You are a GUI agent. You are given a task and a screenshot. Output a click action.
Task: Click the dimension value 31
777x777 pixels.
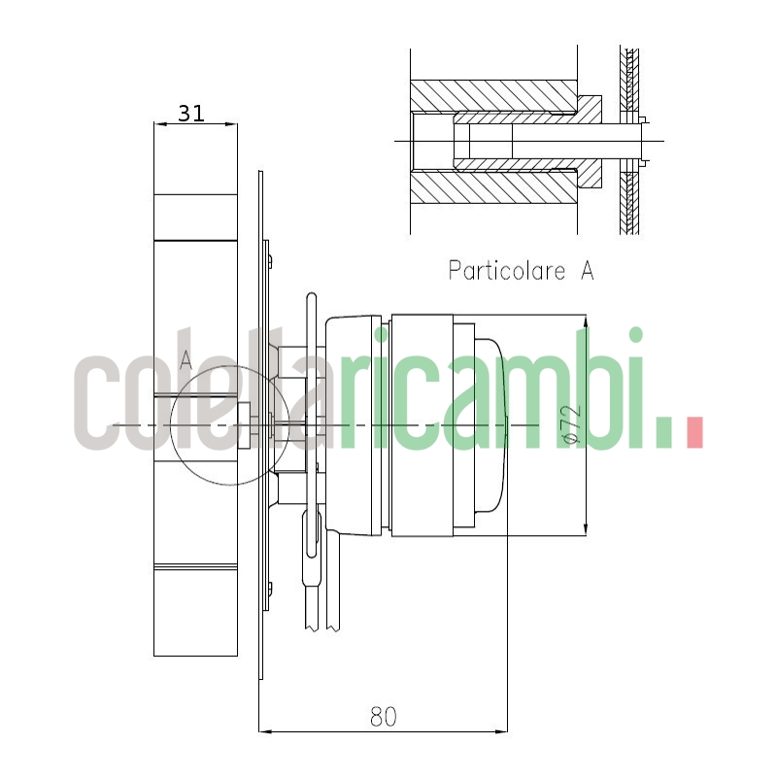pos(191,113)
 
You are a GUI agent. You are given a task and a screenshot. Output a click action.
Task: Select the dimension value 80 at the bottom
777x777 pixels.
pos(384,717)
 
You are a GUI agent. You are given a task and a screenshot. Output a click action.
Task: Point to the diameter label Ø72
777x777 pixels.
pos(572,424)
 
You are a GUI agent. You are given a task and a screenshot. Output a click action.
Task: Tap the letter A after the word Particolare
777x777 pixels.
pos(587,270)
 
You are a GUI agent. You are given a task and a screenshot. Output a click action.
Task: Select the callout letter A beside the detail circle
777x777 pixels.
pos(186,359)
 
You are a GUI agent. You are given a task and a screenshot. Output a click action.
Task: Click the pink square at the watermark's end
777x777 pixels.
pos(693,433)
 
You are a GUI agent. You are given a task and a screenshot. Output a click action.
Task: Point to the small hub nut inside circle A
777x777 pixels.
pos(246,424)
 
